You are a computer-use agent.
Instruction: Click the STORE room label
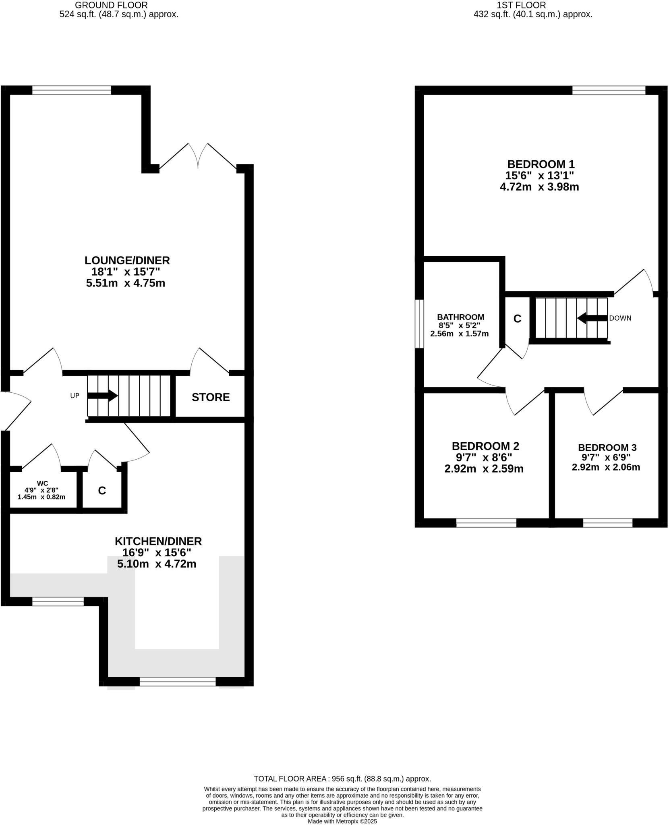point(211,397)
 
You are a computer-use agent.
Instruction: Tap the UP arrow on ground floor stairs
point(102,396)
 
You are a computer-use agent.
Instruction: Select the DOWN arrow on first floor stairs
point(592,318)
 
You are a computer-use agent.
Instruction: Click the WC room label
point(42,483)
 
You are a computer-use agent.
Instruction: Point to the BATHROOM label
point(460,317)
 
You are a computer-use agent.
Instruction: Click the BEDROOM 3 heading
point(607,448)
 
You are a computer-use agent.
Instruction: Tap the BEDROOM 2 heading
point(485,446)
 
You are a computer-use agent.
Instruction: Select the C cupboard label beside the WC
point(102,491)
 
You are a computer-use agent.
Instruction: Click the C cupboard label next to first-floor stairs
point(517,319)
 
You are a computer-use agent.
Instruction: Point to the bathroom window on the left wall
point(419,323)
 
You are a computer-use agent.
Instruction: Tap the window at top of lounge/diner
point(72,90)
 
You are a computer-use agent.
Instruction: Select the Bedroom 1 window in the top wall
point(609,90)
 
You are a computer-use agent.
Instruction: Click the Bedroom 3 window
point(607,523)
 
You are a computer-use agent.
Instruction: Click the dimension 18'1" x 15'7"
point(126,272)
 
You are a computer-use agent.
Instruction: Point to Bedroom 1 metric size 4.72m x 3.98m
point(539,187)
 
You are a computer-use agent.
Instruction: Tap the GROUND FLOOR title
point(111,5)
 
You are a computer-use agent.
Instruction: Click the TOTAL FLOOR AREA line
point(342,779)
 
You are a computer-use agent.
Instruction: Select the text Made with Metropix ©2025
point(342,821)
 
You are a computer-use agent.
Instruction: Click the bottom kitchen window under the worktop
point(178,682)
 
